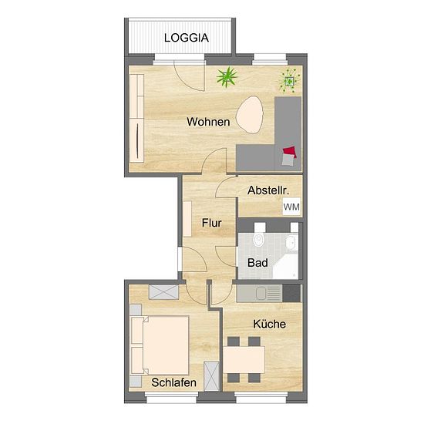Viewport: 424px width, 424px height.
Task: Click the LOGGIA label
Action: [x=187, y=38]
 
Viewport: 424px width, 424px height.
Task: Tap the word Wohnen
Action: [x=208, y=122]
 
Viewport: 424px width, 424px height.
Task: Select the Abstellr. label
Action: [x=268, y=190]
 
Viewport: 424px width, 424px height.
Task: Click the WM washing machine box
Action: [x=291, y=207]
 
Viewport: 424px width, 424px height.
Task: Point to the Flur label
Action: [x=212, y=223]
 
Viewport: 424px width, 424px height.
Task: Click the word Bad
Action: [x=257, y=263]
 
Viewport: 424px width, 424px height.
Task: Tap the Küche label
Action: [x=269, y=324]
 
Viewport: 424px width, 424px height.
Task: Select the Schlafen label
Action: [x=174, y=382]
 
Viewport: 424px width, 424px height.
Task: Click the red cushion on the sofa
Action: [x=290, y=152]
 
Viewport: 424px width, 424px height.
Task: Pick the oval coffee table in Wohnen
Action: [x=250, y=115]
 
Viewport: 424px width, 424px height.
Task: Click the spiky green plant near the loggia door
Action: [x=227, y=77]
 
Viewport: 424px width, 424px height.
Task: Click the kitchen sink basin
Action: [x=261, y=293]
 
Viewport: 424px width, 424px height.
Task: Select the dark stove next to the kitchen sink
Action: [x=291, y=293]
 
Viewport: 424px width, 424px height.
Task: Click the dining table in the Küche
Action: [x=244, y=360]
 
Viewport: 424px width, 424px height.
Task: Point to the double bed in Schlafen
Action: [x=160, y=345]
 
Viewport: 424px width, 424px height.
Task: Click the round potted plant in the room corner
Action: [x=290, y=81]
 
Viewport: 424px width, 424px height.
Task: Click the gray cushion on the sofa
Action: [x=288, y=160]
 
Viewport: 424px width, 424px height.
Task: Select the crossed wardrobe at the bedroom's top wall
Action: [x=164, y=292]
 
